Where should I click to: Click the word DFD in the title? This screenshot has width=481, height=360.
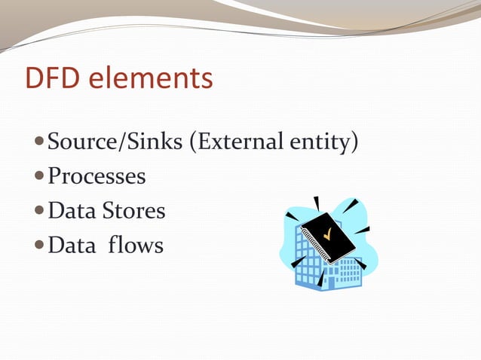pyautogui.click(x=51, y=79)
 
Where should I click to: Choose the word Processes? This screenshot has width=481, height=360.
pyautogui.click(x=97, y=176)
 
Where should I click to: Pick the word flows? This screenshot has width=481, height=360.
pyautogui.click(x=137, y=245)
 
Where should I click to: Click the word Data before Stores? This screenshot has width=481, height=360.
pyautogui.click(x=72, y=210)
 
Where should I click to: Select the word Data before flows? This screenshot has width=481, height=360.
pyautogui.click(x=72, y=245)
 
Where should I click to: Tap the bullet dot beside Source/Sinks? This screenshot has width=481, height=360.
pyautogui.click(x=40, y=142)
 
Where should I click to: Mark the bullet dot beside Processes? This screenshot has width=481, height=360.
pyautogui.click(x=40, y=177)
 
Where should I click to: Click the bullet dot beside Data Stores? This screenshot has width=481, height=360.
pyautogui.click(x=40, y=211)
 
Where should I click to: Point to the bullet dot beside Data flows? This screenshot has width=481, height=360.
pyautogui.click(x=40, y=246)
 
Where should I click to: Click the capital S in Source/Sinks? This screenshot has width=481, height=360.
pyautogui.click(x=54, y=142)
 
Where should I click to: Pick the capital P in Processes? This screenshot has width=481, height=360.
pyautogui.click(x=54, y=176)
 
